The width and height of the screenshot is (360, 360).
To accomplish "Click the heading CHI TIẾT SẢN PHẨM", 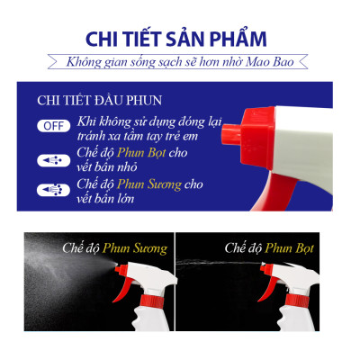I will (180, 40).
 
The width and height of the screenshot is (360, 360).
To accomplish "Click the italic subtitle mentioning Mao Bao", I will (180, 62).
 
